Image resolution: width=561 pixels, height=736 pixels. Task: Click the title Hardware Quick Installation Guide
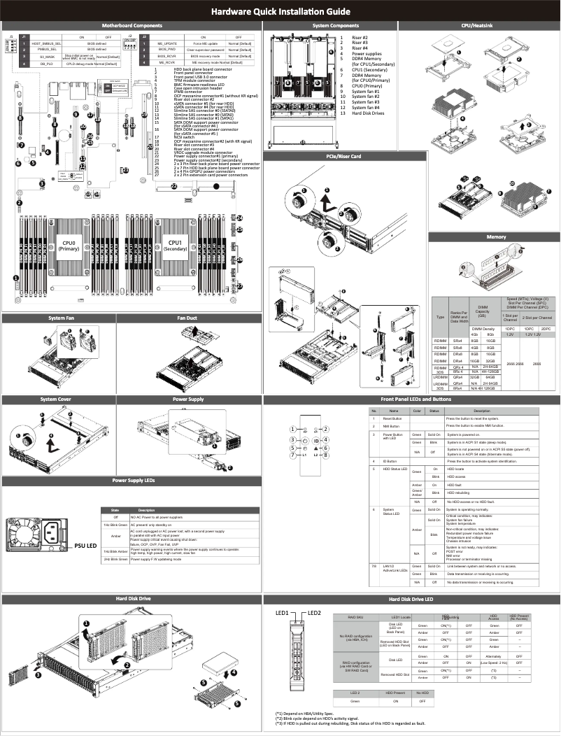click(x=280, y=12)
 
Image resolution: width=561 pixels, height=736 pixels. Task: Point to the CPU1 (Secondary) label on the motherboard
click(x=176, y=246)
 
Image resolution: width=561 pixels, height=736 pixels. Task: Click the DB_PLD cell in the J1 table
click(x=45, y=64)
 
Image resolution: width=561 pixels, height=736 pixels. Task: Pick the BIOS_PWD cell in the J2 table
click(x=167, y=50)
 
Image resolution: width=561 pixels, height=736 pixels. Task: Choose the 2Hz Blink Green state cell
click(x=115, y=560)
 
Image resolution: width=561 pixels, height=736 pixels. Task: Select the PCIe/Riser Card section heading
click(x=344, y=156)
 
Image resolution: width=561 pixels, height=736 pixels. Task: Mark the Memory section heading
click(x=496, y=237)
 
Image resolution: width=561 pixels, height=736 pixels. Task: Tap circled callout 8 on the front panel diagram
click(x=325, y=455)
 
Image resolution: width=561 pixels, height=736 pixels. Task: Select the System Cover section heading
click(x=58, y=399)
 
